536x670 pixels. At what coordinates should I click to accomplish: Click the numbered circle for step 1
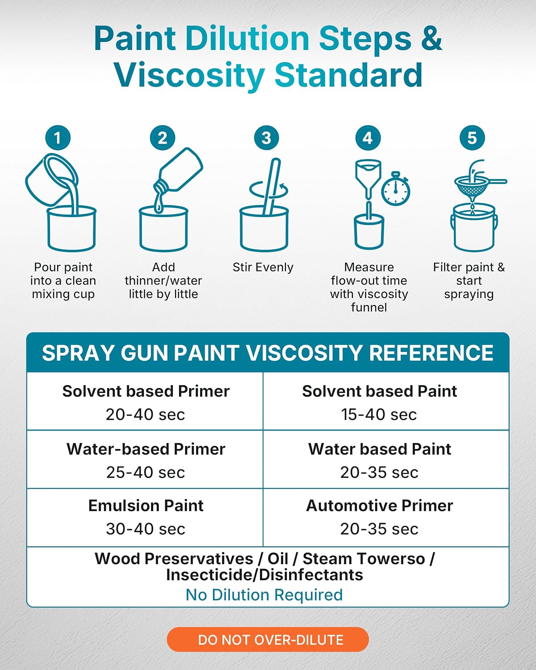coord(58,138)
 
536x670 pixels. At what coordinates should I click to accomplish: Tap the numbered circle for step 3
coord(266,138)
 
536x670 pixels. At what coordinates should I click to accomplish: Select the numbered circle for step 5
coord(472,138)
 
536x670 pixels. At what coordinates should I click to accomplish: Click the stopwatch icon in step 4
coord(396,188)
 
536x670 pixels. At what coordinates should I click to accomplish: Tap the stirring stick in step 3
coord(272,186)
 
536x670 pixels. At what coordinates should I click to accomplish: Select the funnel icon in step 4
coord(368,179)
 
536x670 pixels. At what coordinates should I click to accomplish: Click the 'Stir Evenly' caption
coord(263,267)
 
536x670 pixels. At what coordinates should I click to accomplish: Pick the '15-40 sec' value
coord(379,415)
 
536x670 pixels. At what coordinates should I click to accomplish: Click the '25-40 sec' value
coord(146,472)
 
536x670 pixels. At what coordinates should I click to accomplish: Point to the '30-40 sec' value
coord(146,529)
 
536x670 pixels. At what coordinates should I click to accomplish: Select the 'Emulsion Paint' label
coord(146,506)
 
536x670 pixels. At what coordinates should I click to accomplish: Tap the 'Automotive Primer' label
coord(379,506)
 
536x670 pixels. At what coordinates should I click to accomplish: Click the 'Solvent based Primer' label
coord(146,391)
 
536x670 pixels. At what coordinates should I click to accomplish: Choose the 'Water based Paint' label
coord(379,449)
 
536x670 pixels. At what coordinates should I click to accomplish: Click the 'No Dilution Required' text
coord(264,595)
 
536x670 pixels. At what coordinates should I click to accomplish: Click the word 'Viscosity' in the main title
coord(189,76)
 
